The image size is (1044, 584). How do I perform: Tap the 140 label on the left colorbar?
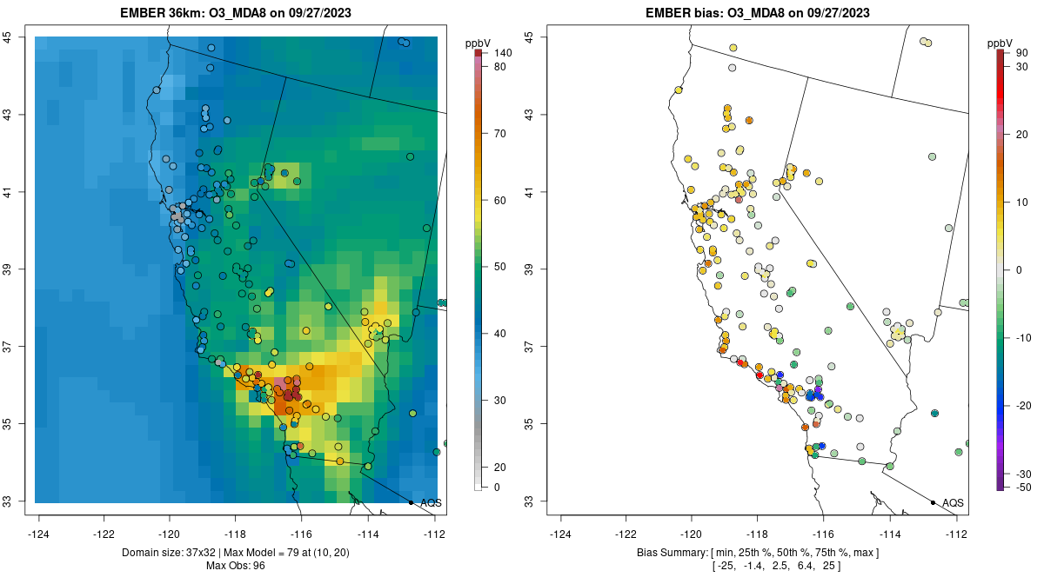pyautogui.click(x=502, y=53)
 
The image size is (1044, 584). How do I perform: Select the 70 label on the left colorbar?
pyautogui.click(x=499, y=134)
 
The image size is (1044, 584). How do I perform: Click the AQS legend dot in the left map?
pyautogui.click(x=411, y=502)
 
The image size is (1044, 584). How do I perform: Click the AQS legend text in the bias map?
pyautogui.click(x=954, y=503)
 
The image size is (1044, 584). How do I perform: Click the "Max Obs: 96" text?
pyautogui.click(x=237, y=566)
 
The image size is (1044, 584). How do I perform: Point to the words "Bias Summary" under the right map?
pyautogui.click(x=673, y=553)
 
